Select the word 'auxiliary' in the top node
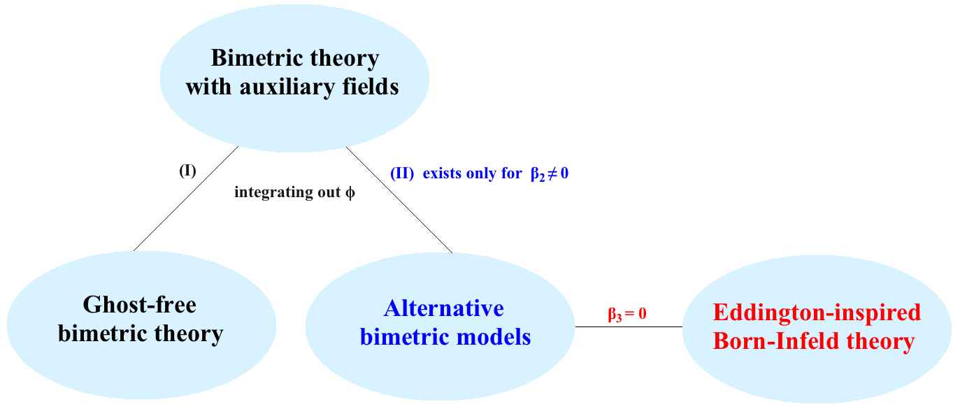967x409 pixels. pyautogui.click(x=287, y=87)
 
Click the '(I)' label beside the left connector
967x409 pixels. pyautogui.click(x=188, y=171)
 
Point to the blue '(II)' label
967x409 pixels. pyautogui.click(x=402, y=173)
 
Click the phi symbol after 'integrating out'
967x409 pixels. pyautogui.click(x=350, y=192)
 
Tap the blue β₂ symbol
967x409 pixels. pyautogui.click(x=538, y=174)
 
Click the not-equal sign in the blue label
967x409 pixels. pyautogui.click(x=552, y=173)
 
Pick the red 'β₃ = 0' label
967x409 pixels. pyautogui.click(x=626, y=314)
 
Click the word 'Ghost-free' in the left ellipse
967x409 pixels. pyautogui.click(x=139, y=305)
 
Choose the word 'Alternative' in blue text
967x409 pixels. pyautogui.click(x=444, y=308)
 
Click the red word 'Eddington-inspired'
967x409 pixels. pyautogui.click(x=817, y=313)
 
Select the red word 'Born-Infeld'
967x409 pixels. pyautogui.click(x=775, y=341)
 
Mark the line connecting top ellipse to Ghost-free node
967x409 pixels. pyautogui.click(x=186, y=199)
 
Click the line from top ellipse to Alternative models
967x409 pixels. pyautogui.click(x=399, y=200)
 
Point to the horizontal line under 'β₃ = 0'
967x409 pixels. pyautogui.click(x=629, y=327)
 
